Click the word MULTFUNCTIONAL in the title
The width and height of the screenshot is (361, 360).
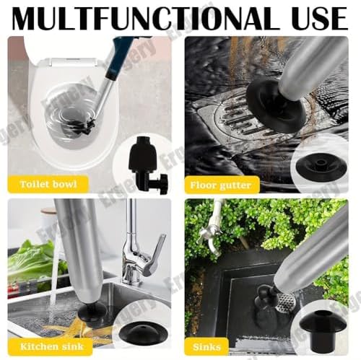pos(144,18)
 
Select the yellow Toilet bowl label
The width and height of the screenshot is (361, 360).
pos(48,185)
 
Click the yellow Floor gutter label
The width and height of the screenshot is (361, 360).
pos(221,185)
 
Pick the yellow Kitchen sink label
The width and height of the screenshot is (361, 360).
pos(51,346)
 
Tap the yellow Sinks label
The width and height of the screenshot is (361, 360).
pos(206,347)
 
